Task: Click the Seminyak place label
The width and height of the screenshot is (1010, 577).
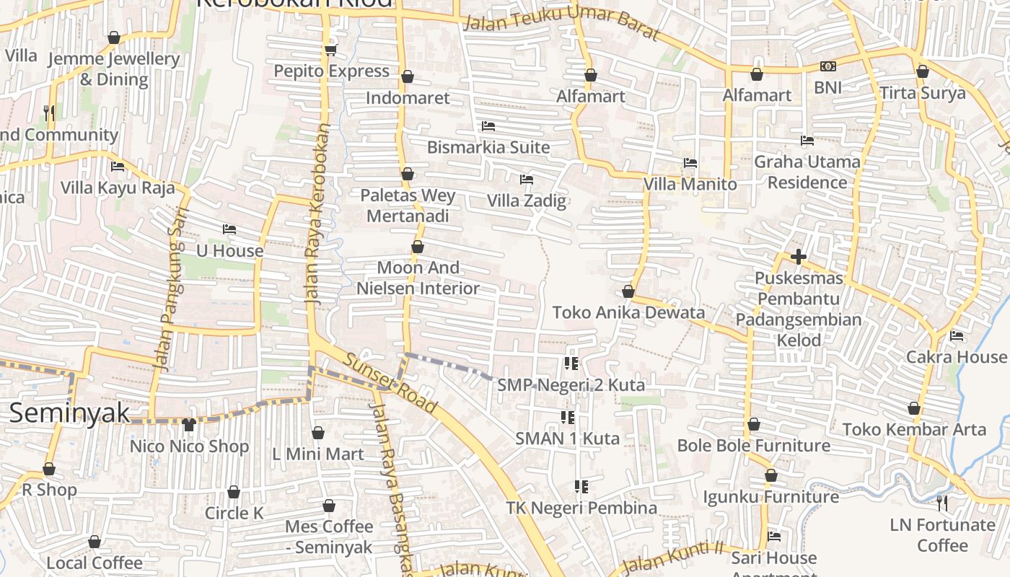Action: click(x=69, y=413)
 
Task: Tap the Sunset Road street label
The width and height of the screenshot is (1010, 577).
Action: click(x=390, y=383)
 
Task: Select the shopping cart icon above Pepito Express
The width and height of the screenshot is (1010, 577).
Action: click(x=330, y=50)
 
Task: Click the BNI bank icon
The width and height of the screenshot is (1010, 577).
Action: click(x=827, y=66)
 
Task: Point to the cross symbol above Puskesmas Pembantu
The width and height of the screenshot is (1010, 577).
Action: click(x=798, y=256)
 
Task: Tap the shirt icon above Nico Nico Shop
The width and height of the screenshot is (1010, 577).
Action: click(x=189, y=424)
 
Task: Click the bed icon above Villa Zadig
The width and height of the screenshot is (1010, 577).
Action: click(x=527, y=179)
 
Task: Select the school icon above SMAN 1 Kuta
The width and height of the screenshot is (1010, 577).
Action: click(x=568, y=417)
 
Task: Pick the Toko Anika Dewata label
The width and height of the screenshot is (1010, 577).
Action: click(x=628, y=312)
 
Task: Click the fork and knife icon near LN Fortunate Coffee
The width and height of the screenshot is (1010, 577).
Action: click(x=942, y=503)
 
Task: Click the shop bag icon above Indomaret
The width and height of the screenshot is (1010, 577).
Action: click(x=408, y=76)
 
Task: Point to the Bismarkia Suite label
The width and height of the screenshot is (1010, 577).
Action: click(x=488, y=147)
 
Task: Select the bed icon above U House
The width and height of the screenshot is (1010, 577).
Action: click(x=229, y=229)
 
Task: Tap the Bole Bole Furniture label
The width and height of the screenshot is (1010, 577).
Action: click(x=753, y=445)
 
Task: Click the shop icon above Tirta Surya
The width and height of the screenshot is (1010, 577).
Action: click(x=922, y=71)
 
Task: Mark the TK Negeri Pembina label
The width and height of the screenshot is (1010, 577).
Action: click(x=581, y=508)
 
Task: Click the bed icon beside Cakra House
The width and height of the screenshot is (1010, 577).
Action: click(x=957, y=335)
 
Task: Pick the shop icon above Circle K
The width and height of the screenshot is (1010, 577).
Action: click(x=234, y=492)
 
